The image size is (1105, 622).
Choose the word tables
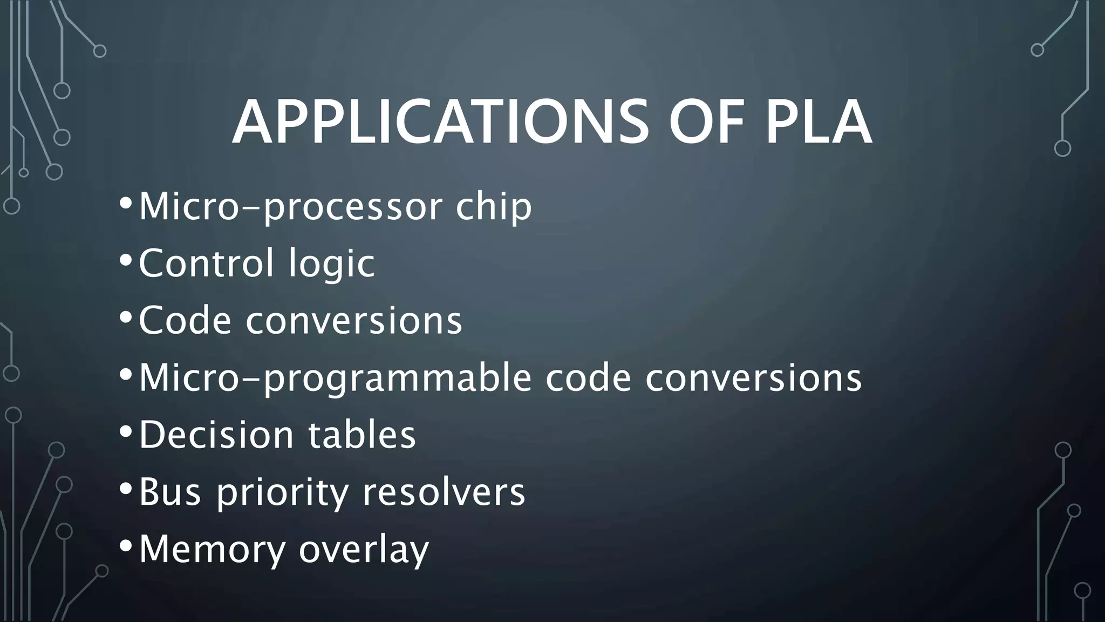[362, 435]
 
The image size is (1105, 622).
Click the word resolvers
[444, 492]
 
